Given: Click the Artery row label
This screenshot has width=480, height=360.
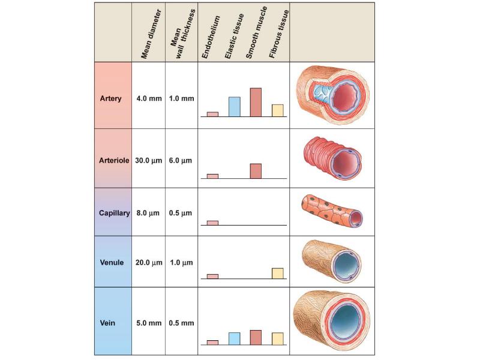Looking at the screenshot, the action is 110,98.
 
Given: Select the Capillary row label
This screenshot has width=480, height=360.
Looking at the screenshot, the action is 114,213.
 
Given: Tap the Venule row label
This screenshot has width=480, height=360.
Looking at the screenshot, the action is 112,262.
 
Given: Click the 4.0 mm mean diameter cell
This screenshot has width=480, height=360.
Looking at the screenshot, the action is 149,98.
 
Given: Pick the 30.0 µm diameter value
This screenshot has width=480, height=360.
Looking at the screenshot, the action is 148,160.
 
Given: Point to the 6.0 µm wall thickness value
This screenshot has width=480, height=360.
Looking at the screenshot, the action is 181,160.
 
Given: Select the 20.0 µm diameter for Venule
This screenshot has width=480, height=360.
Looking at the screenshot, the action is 149,262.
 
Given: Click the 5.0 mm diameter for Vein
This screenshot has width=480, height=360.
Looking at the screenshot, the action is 149,323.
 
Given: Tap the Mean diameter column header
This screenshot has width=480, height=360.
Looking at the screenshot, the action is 151,34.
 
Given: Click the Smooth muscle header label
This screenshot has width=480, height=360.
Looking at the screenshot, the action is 257,32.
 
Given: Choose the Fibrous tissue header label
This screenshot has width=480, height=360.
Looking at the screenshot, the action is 278,34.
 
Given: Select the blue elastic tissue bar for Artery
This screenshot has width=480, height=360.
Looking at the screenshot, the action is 235,107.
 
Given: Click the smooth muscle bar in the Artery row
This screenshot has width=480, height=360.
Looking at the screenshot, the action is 256,102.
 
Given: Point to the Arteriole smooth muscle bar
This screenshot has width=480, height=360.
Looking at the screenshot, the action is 256,171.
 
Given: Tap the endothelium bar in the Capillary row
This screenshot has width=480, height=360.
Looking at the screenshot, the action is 212,223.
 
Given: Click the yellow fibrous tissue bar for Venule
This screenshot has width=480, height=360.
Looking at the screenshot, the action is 278,274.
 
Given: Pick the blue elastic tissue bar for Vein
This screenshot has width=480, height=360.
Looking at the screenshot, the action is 235,339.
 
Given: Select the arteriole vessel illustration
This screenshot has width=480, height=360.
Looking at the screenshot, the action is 333,158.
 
